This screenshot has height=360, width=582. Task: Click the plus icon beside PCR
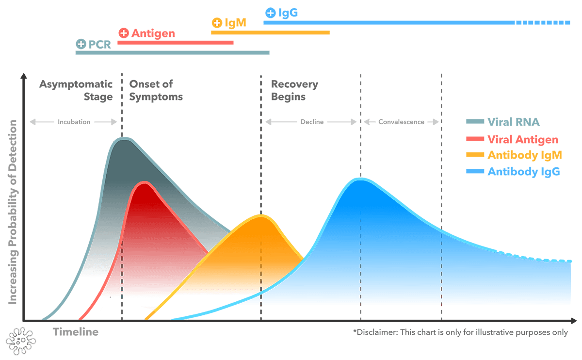[x=81, y=44]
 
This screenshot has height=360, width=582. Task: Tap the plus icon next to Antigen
[x=124, y=33]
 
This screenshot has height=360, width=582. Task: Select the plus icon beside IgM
[x=217, y=23]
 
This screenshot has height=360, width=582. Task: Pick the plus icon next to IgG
[x=271, y=13]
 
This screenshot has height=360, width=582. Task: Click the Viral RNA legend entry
[x=513, y=122]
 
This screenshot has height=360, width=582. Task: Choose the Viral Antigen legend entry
[x=523, y=140]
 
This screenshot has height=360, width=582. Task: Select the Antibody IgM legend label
[x=524, y=155]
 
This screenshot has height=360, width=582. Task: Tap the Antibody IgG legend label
[x=524, y=171]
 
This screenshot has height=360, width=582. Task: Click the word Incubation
[x=74, y=122]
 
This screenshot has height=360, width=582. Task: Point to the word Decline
[x=311, y=122]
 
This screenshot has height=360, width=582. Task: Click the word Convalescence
[x=401, y=122]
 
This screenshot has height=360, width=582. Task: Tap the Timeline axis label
[x=75, y=332]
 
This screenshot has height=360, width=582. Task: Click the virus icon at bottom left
[x=20, y=340]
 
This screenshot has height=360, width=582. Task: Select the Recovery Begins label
[x=294, y=90]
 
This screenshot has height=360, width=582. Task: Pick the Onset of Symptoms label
[x=156, y=90]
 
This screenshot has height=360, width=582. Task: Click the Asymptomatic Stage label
[x=76, y=90]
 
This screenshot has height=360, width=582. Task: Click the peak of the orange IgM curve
[x=261, y=215]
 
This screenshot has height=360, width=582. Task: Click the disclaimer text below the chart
[x=461, y=332]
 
